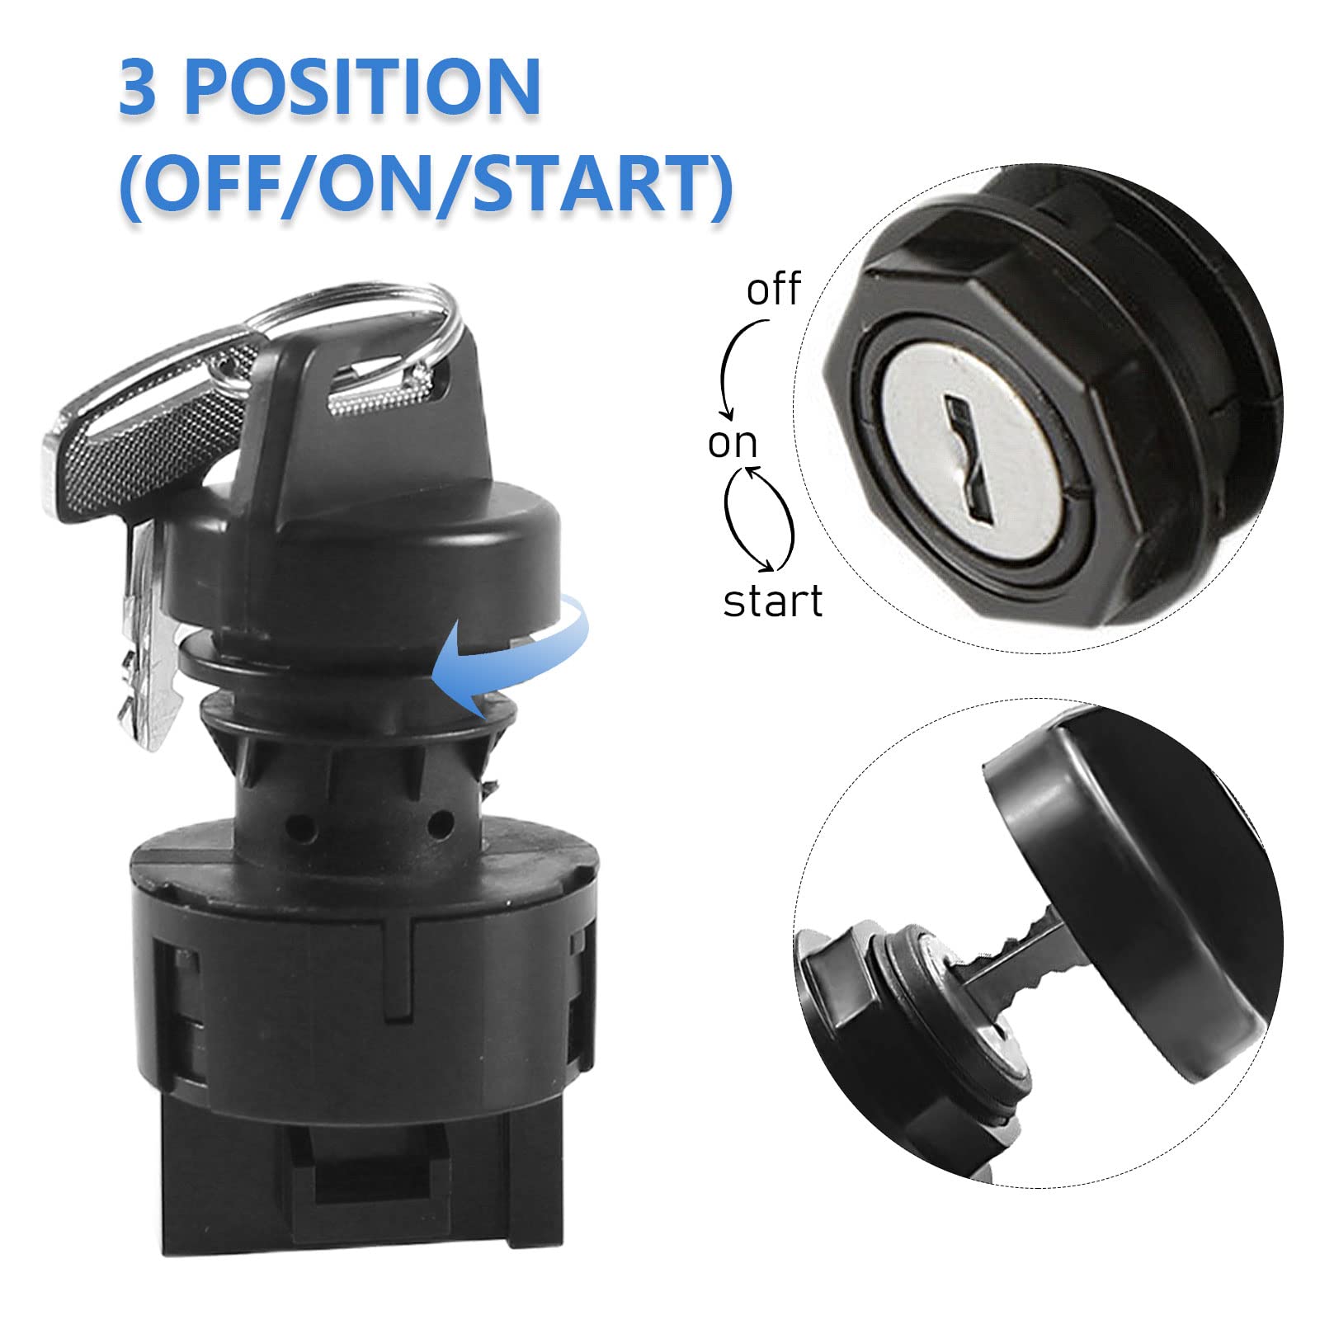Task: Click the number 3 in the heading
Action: pyautogui.click(x=137, y=87)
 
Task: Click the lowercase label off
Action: pyautogui.click(x=773, y=290)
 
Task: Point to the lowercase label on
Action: pyautogui.click(x=732, y=444)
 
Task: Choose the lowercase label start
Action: pyautogui.click(x=772, y=601)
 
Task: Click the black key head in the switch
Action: pyautogui.click(x=363, y=412)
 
